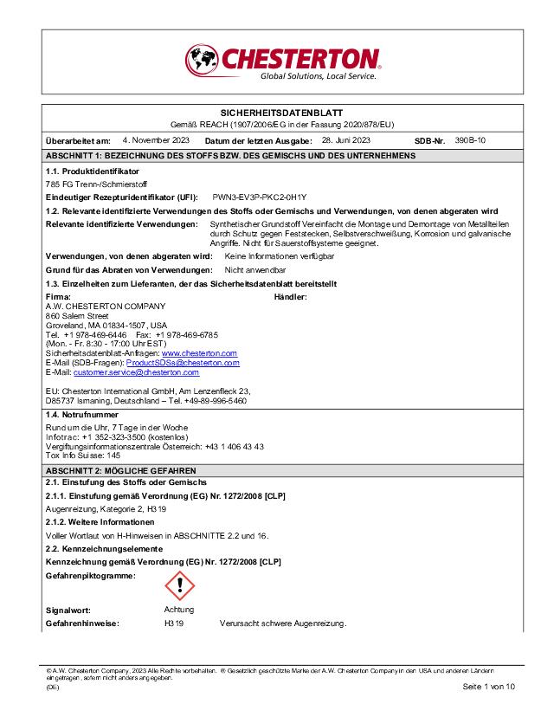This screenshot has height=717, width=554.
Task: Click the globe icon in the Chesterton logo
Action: pos(202,61)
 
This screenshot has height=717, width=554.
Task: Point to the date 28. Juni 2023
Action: pos(345,139)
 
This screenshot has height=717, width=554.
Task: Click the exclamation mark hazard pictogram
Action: pos(179,585)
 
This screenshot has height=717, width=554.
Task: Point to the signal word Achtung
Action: pos(179,610)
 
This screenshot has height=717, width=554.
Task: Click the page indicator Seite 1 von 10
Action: pos(489,687)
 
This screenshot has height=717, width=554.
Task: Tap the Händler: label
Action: pos(290,296)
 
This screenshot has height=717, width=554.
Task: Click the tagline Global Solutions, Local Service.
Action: pos(319,76)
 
